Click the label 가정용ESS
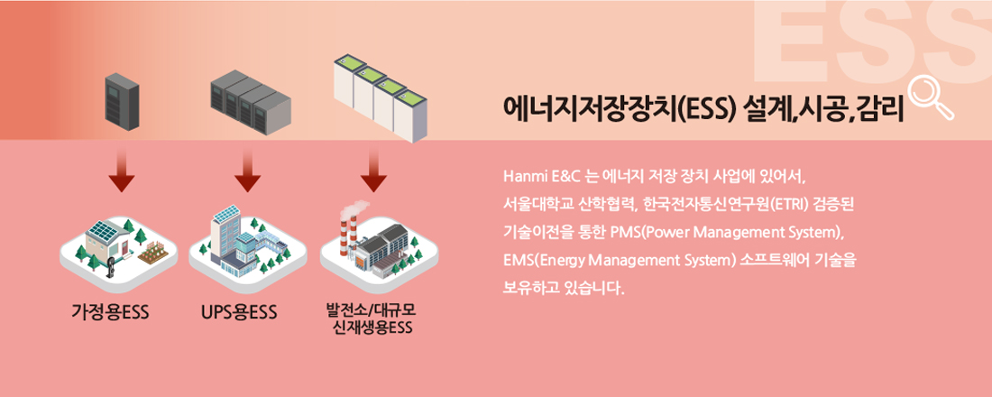[110, 313]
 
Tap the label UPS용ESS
[239, 313]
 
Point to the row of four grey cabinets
[251, 100]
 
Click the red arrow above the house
[122, 174]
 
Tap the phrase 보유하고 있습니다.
[563, 290]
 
